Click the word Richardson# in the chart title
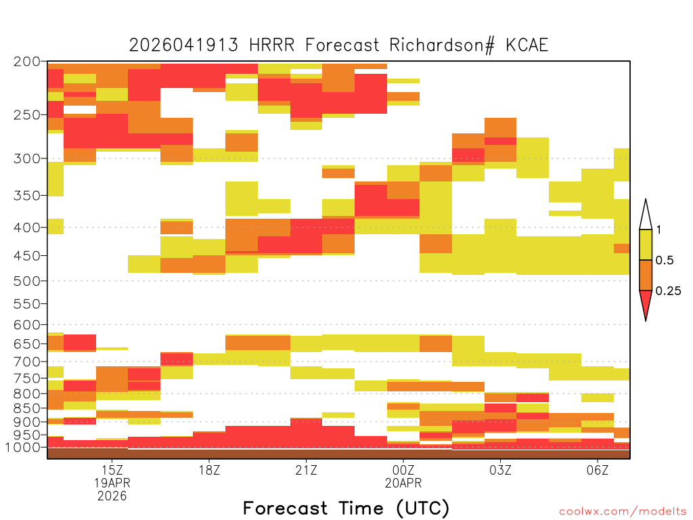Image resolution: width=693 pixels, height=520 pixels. (x=441, y=45)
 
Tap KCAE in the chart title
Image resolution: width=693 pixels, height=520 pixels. (x=527, y=45)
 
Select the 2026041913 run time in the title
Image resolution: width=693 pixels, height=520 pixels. (x=183, y=45)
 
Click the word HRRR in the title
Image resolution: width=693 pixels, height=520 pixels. (x=271, y=45)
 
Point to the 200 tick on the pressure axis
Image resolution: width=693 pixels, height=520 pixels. (x=27, y=62)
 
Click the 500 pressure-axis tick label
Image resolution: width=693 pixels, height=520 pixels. (x=27, y=281)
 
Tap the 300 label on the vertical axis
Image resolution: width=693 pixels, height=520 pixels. (x=27, y=158)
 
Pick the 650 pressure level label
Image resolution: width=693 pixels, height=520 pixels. (x=27, y=343)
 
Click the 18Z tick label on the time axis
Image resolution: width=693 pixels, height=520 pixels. (x=209, y=470)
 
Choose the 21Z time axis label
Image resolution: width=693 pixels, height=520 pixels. (x=307, y=470)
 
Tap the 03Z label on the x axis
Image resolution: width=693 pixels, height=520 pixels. (x=500, y=470)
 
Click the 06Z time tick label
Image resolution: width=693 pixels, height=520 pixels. (x=598, y=470)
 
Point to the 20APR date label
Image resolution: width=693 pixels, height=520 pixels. (x=403, y=483)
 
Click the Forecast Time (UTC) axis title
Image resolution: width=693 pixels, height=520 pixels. (x=346, y=508)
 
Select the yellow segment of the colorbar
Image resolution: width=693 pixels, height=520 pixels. (x=646, y=244)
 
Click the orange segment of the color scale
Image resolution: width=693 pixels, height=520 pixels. (x=646, y=275)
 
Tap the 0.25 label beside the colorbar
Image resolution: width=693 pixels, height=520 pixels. (x=668, y=291)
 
